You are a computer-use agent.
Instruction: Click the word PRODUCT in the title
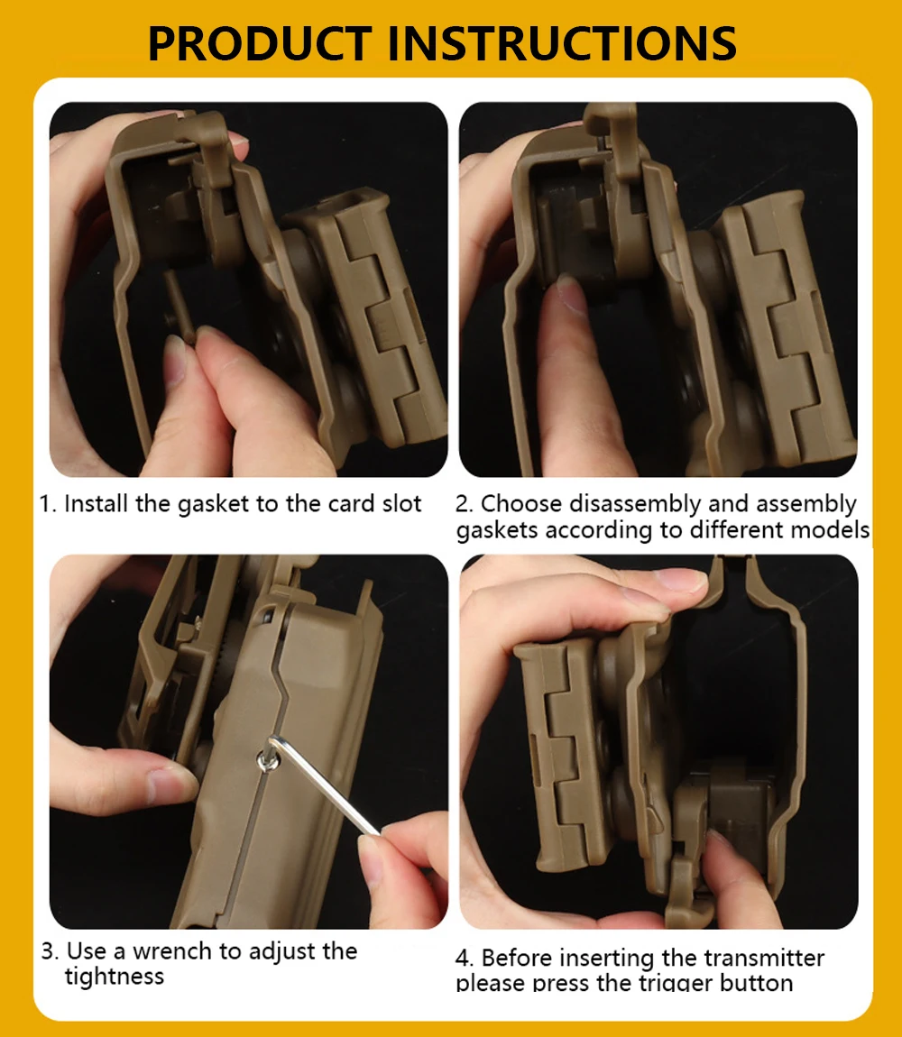[x=260, y=43]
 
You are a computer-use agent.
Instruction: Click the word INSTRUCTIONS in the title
[x=562, y=43]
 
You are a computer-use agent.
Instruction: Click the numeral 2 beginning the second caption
[x=463, y=504]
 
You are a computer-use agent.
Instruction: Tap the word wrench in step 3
[x=172, y=951]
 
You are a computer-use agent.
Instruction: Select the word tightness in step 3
[x=114, y=977]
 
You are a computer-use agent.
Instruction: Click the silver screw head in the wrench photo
[x=267, y=763]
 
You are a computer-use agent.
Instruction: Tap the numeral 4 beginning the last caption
[x=463, y=959]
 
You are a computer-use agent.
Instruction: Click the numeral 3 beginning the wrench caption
[x=49, y=951]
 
